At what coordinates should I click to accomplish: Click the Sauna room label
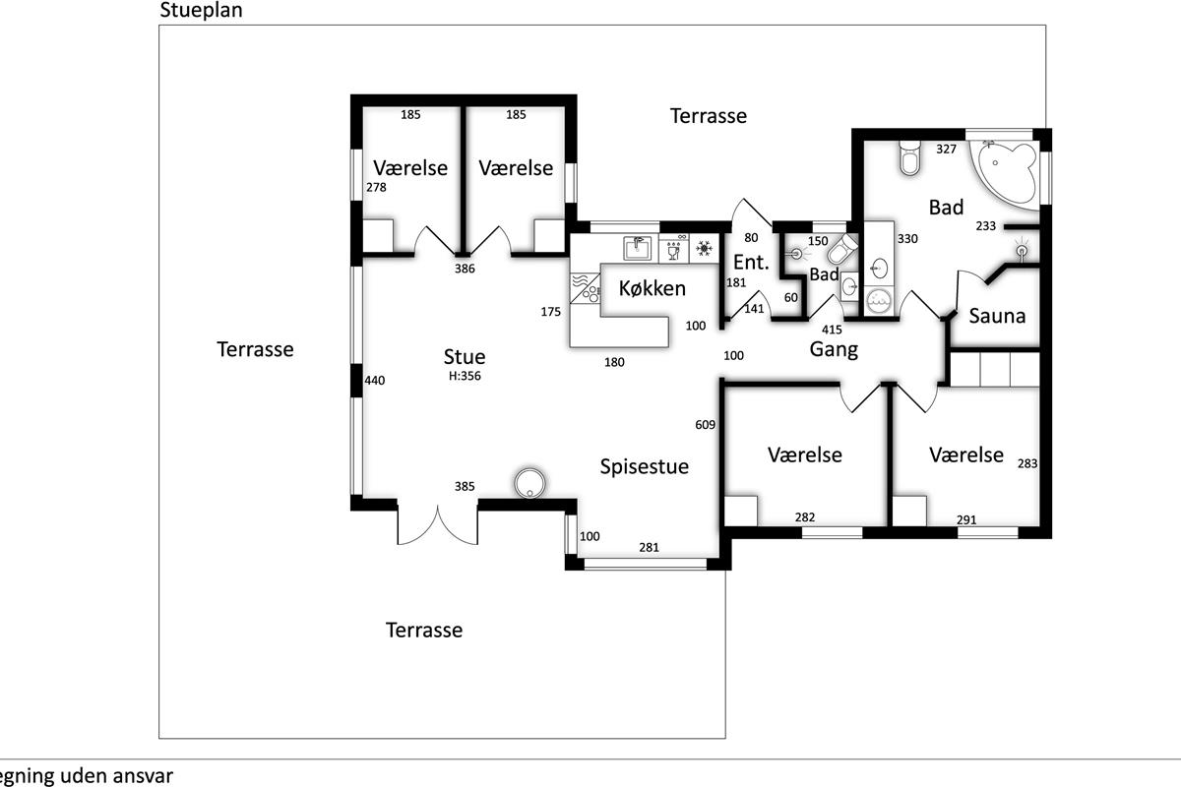997,316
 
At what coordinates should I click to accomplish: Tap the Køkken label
653,288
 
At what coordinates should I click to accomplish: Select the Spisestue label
645,467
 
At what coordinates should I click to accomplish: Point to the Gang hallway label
834,349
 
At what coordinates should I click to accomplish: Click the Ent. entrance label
751,262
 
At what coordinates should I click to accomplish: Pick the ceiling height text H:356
465,376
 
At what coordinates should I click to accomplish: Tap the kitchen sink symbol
638,248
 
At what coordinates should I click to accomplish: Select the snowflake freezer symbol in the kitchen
704,248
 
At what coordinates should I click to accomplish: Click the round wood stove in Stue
529,483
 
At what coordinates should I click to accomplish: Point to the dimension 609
705,425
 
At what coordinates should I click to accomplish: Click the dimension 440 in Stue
374,381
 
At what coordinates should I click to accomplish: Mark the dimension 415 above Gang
832,330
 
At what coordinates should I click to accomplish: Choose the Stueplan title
201,11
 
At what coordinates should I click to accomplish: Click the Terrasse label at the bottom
424,631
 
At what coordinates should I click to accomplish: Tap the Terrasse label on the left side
255,349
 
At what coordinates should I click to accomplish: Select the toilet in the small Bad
842,249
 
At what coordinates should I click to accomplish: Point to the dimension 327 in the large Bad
946,150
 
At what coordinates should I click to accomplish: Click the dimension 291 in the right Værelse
966,520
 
